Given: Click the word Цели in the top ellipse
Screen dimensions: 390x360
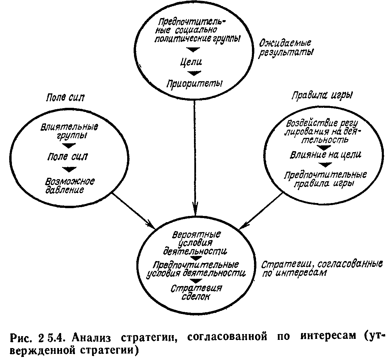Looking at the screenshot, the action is click(x=191, y=62).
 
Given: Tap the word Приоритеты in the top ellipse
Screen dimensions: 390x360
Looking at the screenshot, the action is click(x=194, y=84).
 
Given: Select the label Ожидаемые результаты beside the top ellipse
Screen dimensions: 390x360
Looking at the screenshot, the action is click(x=286, y=48).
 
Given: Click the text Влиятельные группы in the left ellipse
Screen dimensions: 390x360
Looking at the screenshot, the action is click(x=70, y=131).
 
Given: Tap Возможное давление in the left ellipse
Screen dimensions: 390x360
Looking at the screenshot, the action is click(x=70, y=186).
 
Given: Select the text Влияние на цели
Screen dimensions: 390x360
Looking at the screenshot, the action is click(x=326, y=155).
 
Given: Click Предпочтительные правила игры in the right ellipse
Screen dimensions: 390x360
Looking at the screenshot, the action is click(x=325, y=179).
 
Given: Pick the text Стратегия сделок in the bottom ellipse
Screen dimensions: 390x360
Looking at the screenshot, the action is click(x=196, y=292).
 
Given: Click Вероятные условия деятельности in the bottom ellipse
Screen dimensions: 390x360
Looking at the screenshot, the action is click(x=195, y=243).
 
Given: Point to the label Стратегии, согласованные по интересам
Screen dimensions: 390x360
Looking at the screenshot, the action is click(x=322, y=269).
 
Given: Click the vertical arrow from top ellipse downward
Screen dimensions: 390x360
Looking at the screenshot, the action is click(x=195, y=158).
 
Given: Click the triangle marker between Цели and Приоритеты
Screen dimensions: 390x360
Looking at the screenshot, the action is click(x=194, y=73).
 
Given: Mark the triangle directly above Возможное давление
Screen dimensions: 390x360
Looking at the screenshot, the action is click(x=69, y=169).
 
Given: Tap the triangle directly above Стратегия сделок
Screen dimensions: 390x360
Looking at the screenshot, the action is click(x=196, y=281).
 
